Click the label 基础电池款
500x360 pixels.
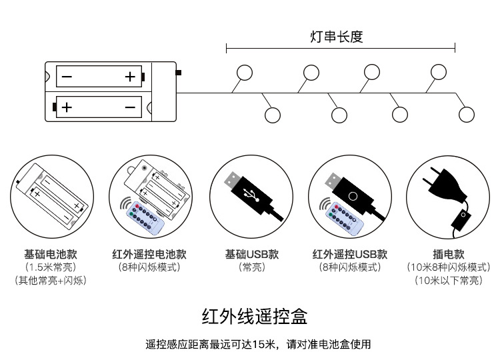click(51, 254)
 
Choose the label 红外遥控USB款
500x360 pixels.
click(350, 254)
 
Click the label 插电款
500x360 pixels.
click(448, 254)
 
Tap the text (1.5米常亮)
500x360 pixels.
click(51, 267)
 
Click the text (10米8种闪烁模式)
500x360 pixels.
click(448, 267)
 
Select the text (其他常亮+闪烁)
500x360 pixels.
click(51, 281)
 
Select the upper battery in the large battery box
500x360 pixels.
click(100, 77)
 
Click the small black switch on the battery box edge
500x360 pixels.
click(178, 72)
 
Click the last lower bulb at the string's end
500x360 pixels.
click(466, 115)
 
